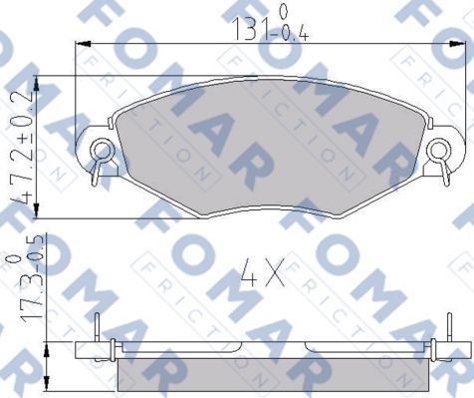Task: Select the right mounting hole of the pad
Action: pyautogui.click(x=439, y=152)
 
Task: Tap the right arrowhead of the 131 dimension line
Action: pyautogui.click(x=466, y=44)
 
